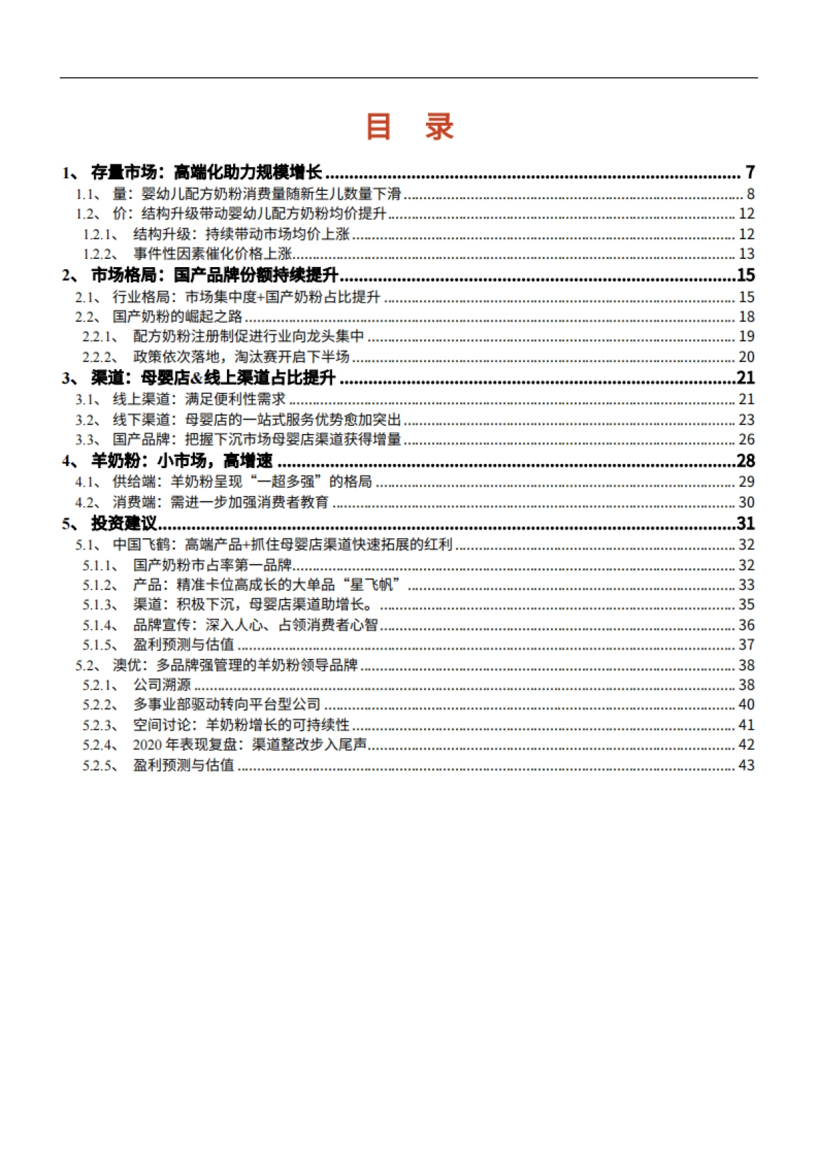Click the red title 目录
point(410,127)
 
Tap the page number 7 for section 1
point(750,172)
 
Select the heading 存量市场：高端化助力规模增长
point(206,172)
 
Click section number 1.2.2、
point(100,254)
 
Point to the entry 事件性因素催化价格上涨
point(213,254)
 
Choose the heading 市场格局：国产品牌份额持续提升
point(215,275)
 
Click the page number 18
point(746,317)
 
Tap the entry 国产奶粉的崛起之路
point(177,317)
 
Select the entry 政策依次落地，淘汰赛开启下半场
point(241,356)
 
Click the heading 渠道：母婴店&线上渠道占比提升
point(213,378)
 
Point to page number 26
point(746,439)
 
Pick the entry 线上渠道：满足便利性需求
point(199,399)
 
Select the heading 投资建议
point(124,523)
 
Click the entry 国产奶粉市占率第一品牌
point(213,565)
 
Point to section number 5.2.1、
point(100,685)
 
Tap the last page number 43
point(746,765)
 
